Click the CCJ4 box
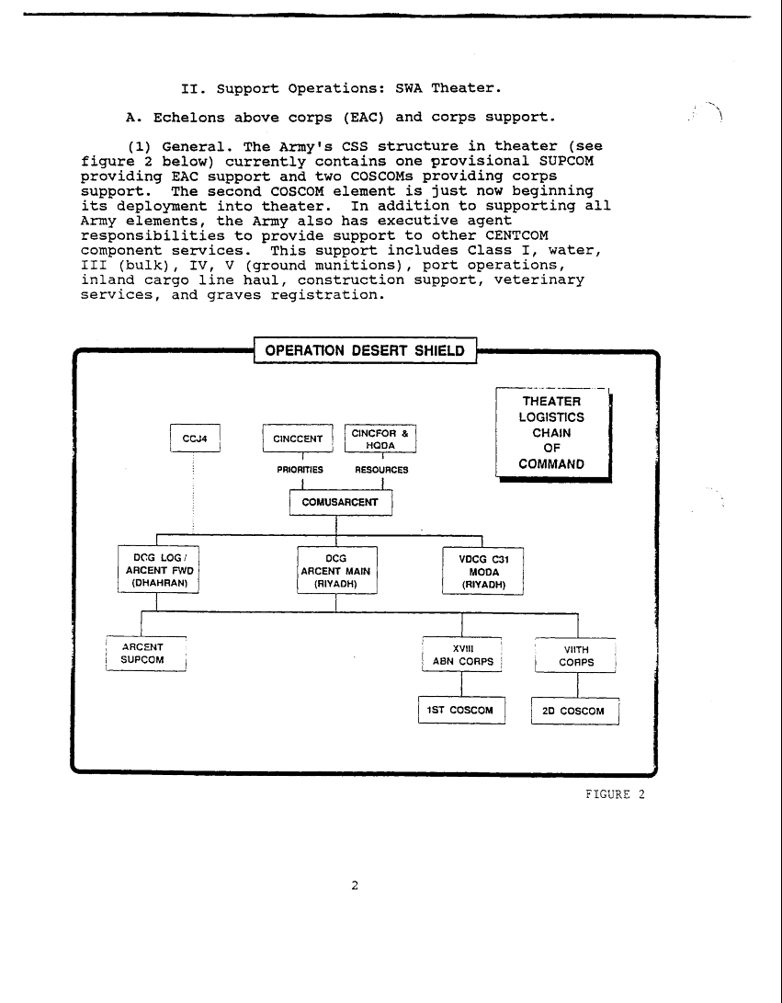[x=201, y=439]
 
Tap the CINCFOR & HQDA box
[x=380, y=439]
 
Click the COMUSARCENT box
[x=340, y=503]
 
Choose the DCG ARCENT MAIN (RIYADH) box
[x=336, y=570]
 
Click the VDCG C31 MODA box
[x=483, y=571]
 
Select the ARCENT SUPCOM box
[x=147, y=654]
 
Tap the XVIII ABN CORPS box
[x=462, y=654]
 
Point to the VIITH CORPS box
[x=576, y=655]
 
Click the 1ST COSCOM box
[x=461, y=711]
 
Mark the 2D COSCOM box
[x=575, y=712]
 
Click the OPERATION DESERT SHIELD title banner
[x=365, y=351]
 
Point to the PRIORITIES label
[x=300, y=470]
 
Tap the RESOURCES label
[x=381, y=470]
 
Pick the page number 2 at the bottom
[x=355, y=886]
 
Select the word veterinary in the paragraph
[x=538, y=279]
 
